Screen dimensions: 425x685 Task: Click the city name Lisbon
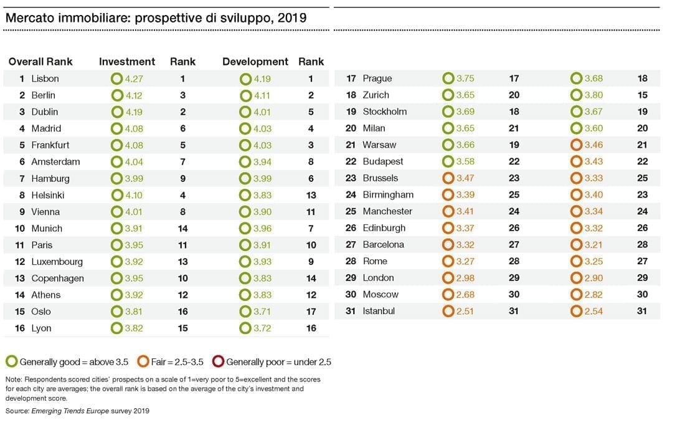45,79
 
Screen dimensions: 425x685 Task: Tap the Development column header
255,62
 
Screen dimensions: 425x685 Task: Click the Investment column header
127,62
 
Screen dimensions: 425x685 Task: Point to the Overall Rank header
40,62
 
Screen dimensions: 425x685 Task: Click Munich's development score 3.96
262,228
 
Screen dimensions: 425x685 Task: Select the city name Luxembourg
57,262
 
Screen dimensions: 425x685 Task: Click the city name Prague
377,79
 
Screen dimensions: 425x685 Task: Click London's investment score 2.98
465,278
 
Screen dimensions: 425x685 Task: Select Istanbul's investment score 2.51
465,311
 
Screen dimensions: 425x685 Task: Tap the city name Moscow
380,294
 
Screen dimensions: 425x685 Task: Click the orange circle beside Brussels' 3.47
448,178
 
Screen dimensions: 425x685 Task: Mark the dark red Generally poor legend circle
218,362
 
